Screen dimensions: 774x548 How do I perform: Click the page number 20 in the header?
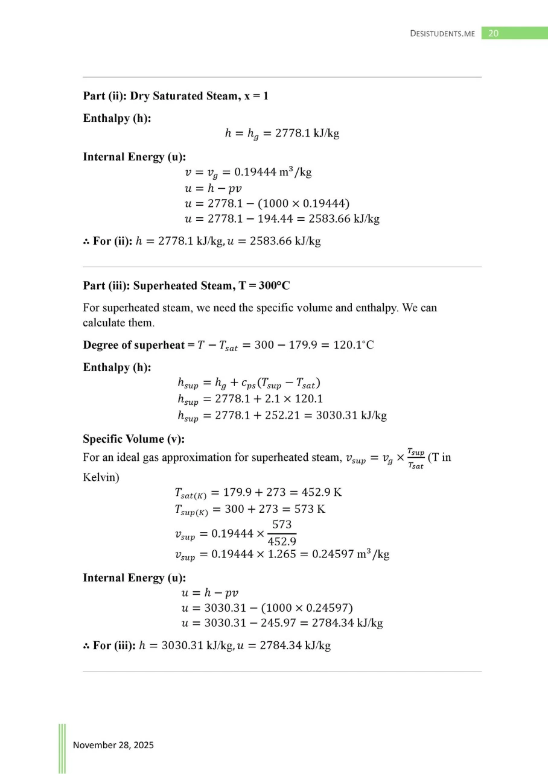click(x=493, y=34)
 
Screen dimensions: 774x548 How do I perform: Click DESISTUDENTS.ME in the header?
click(x=442, y=34)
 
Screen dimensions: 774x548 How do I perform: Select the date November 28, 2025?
click(x=113, y=745)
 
